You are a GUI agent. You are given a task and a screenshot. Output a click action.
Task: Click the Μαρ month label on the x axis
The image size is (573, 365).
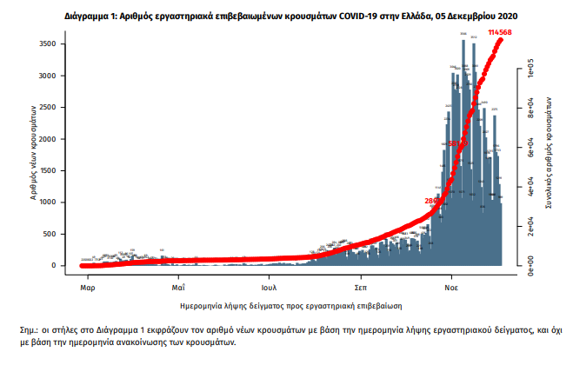(87, 285)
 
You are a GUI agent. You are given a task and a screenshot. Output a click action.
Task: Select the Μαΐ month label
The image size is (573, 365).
(178, 285)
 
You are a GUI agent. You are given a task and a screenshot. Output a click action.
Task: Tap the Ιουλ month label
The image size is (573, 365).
(269, 285)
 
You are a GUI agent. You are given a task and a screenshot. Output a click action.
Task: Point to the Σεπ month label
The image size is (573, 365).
(360, 285)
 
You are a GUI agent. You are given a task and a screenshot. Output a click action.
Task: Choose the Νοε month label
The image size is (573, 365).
(452, 285)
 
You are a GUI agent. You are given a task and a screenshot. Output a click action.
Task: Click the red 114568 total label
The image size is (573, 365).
(500, 32)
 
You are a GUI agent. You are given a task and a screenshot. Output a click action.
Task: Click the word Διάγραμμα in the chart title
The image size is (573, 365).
(86, 16)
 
